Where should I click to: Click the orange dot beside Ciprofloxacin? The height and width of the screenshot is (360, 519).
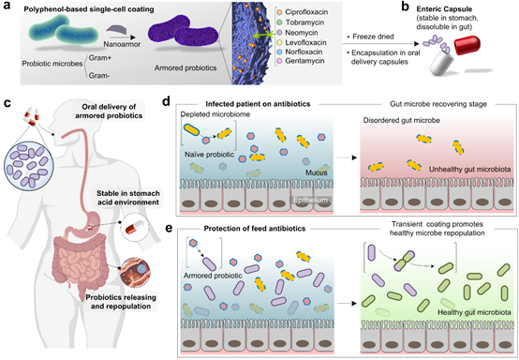pos(279,12)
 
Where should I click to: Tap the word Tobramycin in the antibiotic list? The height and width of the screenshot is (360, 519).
pos(304,22)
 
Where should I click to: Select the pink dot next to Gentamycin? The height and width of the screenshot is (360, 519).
pos(279,61)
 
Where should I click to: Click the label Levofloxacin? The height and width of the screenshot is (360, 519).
pos(305,42)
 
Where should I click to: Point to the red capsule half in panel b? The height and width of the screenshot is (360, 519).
pos(467,45)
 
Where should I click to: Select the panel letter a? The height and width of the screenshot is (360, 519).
pos(7,7)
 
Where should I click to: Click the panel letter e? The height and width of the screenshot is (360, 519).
pos(169,228)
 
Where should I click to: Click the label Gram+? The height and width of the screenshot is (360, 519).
pos(100,57)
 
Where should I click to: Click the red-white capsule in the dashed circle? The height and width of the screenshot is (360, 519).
pos(134,227)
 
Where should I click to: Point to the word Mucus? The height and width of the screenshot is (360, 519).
pos(316,172)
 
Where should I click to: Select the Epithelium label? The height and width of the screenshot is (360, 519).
pos(310,200)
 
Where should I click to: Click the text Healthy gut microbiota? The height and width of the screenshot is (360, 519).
pos(474,312)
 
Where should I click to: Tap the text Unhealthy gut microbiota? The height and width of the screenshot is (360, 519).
pos(469,170)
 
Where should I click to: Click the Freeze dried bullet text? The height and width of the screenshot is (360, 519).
pos(370,37)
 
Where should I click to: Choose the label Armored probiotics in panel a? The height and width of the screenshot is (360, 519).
pos(185,67)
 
